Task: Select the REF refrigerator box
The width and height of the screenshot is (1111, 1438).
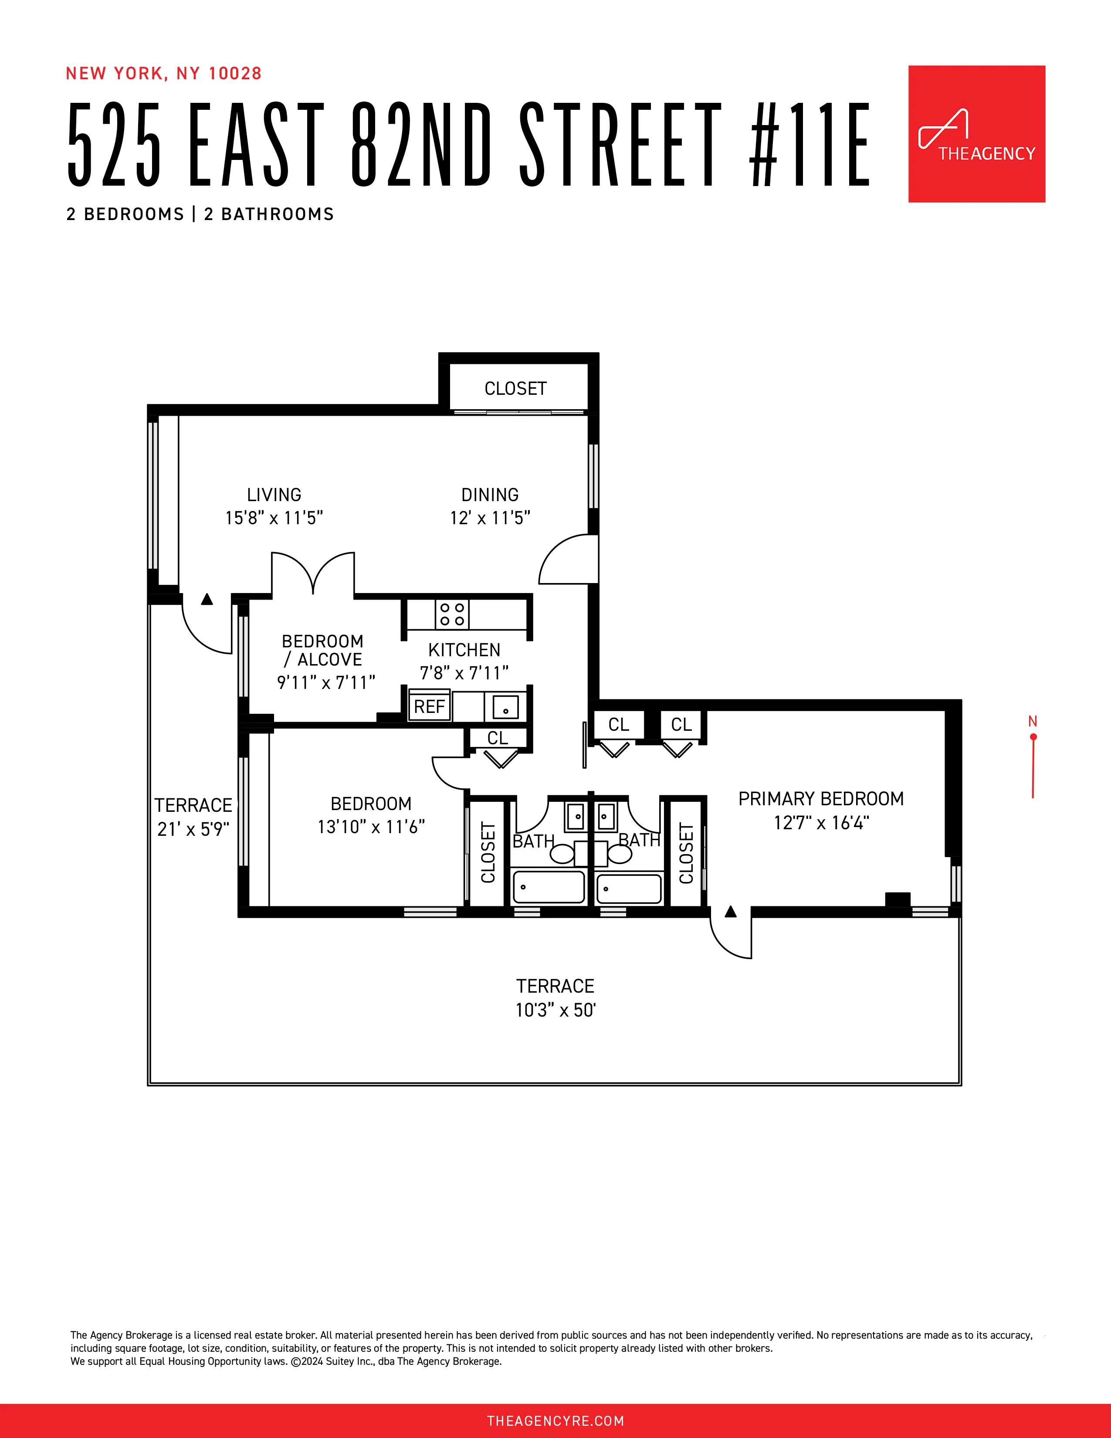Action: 429,706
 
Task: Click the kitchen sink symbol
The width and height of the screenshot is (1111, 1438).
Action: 505,707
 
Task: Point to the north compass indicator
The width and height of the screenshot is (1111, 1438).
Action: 1033,757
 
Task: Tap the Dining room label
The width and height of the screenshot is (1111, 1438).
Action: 490,495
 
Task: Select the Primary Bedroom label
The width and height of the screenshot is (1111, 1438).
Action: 821,799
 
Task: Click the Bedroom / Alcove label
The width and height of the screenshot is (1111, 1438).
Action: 322,651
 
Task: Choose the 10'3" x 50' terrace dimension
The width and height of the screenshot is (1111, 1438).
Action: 555,1010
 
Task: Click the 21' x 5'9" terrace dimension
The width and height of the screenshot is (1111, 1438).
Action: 193,829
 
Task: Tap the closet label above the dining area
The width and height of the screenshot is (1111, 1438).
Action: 515,388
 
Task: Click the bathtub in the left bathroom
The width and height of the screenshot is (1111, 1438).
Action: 548,887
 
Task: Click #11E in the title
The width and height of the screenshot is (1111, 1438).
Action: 810,143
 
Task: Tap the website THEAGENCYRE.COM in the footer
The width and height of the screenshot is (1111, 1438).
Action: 555,1421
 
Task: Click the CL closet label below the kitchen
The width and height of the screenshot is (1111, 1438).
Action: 498,738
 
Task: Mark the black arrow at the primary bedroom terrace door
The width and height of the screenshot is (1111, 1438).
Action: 731,912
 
